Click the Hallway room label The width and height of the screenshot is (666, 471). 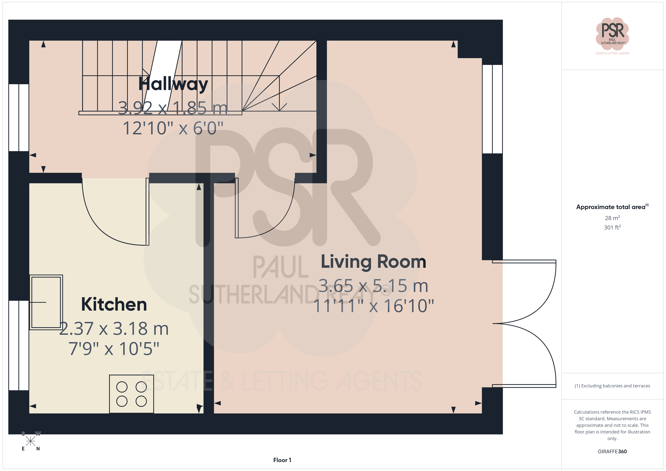tap(173, 84)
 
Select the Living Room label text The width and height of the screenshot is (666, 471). tap(373, 262)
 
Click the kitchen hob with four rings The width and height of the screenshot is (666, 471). tap(131, 394)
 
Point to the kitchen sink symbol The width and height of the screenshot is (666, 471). tap(46, 302)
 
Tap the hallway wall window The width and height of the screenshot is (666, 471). tap(19, 117)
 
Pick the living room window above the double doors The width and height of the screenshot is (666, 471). tap(492, 109)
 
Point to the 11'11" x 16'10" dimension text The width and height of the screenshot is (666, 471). tap(374, 306)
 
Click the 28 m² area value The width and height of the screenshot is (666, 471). tap(612, 218)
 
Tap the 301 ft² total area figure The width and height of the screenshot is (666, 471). tap(612, 227)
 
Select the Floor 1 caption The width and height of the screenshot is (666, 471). tap(282, 460)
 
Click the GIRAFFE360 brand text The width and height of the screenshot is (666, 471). tap(612, 451)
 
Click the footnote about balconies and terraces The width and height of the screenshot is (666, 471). tap(612, 386)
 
